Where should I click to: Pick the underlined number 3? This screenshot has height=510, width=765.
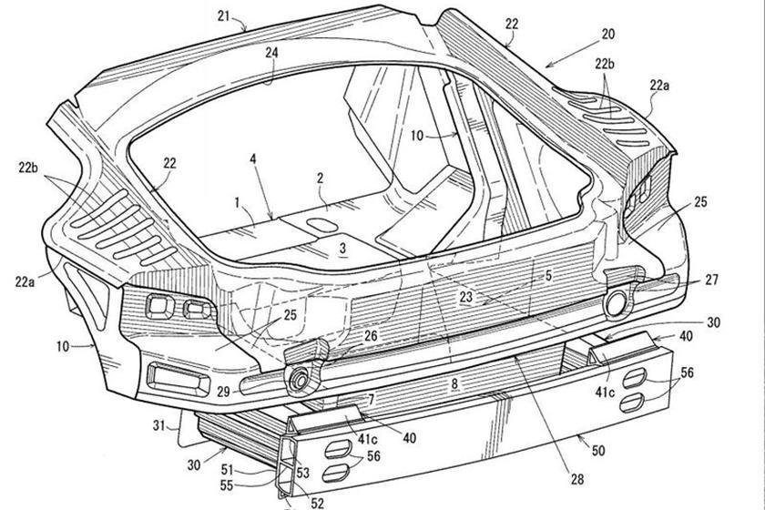(342, 247)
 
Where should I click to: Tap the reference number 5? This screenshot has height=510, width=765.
(549, 272)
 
